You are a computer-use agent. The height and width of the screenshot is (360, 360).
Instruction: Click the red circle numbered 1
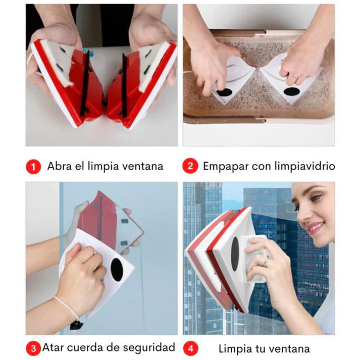[33, 167]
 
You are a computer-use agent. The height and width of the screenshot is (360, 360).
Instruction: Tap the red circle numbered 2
[190, 167]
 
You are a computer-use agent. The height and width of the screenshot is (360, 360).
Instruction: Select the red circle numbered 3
[33, 348]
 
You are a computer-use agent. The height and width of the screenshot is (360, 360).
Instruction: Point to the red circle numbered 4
[190, 348]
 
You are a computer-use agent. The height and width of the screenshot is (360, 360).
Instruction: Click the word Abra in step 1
[58, 166]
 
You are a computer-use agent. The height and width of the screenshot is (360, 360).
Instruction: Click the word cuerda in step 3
[86, 347]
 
